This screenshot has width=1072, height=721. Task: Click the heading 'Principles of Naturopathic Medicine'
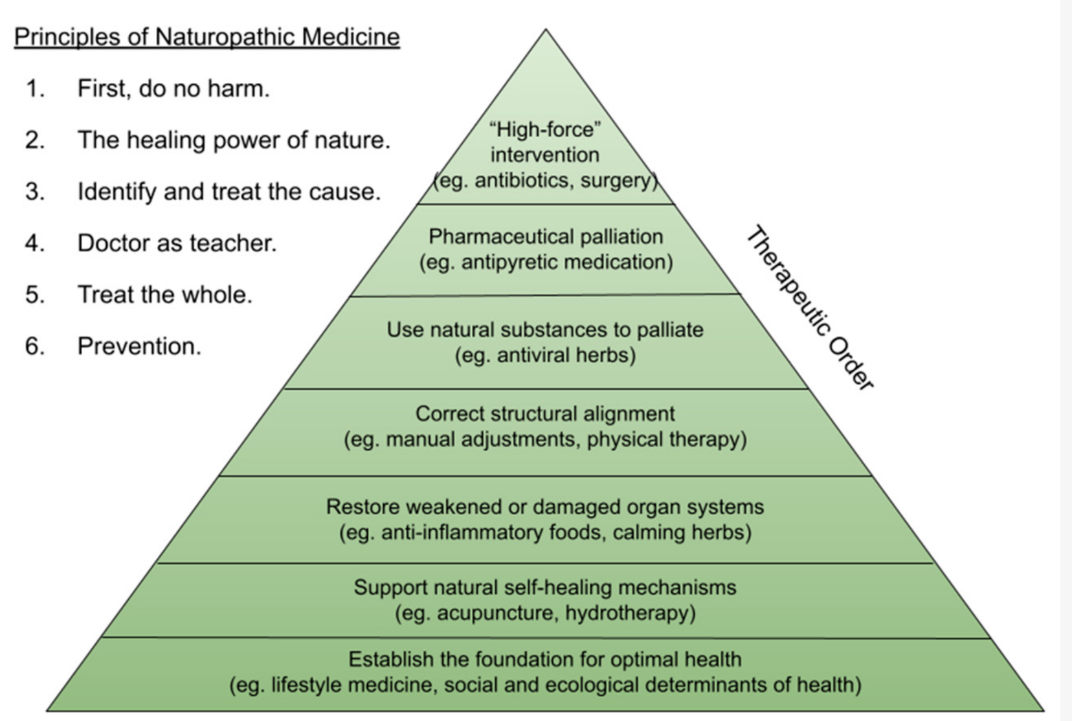tap(207, 37)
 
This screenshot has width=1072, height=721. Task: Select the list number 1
tap(35, 89)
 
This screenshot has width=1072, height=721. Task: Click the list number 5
tap(35, 295)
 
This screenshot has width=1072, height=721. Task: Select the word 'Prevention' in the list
tap(139, 346)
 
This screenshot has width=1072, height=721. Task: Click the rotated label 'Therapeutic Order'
tap(810, 308)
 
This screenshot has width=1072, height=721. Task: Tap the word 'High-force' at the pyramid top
tap(546, 129)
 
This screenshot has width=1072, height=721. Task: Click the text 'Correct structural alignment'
tap(545, 414)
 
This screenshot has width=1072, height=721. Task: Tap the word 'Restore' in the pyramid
tap(359, 507)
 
